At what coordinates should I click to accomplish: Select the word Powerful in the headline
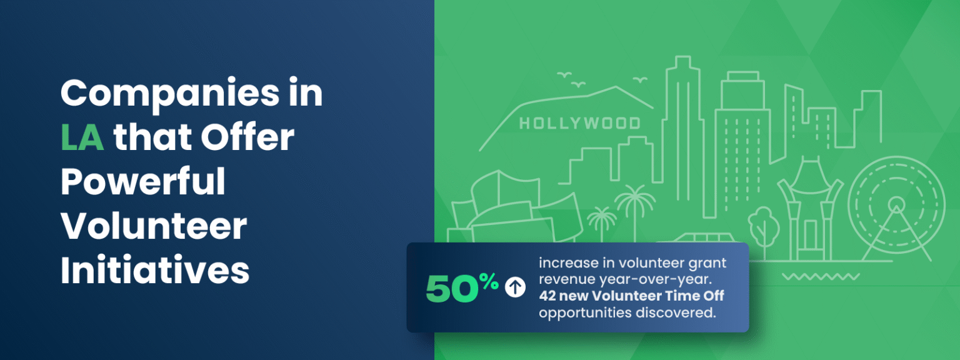pyautogui.click(x=142, y=182)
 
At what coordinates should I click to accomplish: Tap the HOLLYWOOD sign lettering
pyautogui.click(x=579, y=122)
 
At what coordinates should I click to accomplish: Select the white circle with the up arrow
pyautogui.click(x=515, y=287)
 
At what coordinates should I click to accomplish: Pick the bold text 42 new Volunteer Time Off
pyautogui.click(x=631, y=296)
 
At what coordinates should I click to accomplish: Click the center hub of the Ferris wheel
pyautogui.click(x=896, y=203)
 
